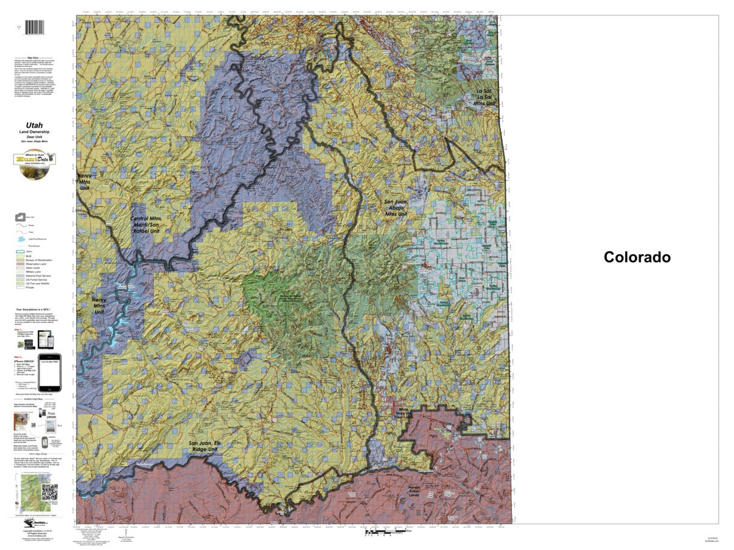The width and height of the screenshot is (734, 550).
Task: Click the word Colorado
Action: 637,257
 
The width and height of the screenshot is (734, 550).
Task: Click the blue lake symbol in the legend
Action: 21,239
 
